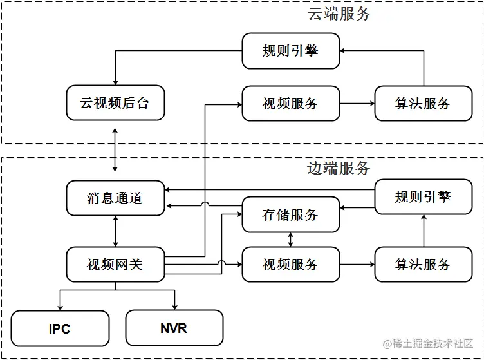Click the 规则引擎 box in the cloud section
coord(290,51)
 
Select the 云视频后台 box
coord(115,103)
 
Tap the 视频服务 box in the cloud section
coord(290,103)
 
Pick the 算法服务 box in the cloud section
coord(423,103)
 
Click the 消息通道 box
coord(115,198)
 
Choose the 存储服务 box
coord(290,214)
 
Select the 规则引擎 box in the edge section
coord(423,197)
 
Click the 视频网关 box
coord(115,264)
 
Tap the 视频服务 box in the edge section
coord(290,264)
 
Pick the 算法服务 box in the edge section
coord(423,264)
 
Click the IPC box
coord(60,328)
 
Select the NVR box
coord(174,328)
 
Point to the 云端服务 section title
coord(339,14)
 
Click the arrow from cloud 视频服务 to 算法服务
coord(357,103)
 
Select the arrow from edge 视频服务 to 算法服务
coord(357,264)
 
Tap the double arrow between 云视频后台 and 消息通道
coord(115,149)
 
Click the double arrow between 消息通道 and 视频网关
coord(115,231)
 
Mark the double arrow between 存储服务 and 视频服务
coord(291,240)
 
